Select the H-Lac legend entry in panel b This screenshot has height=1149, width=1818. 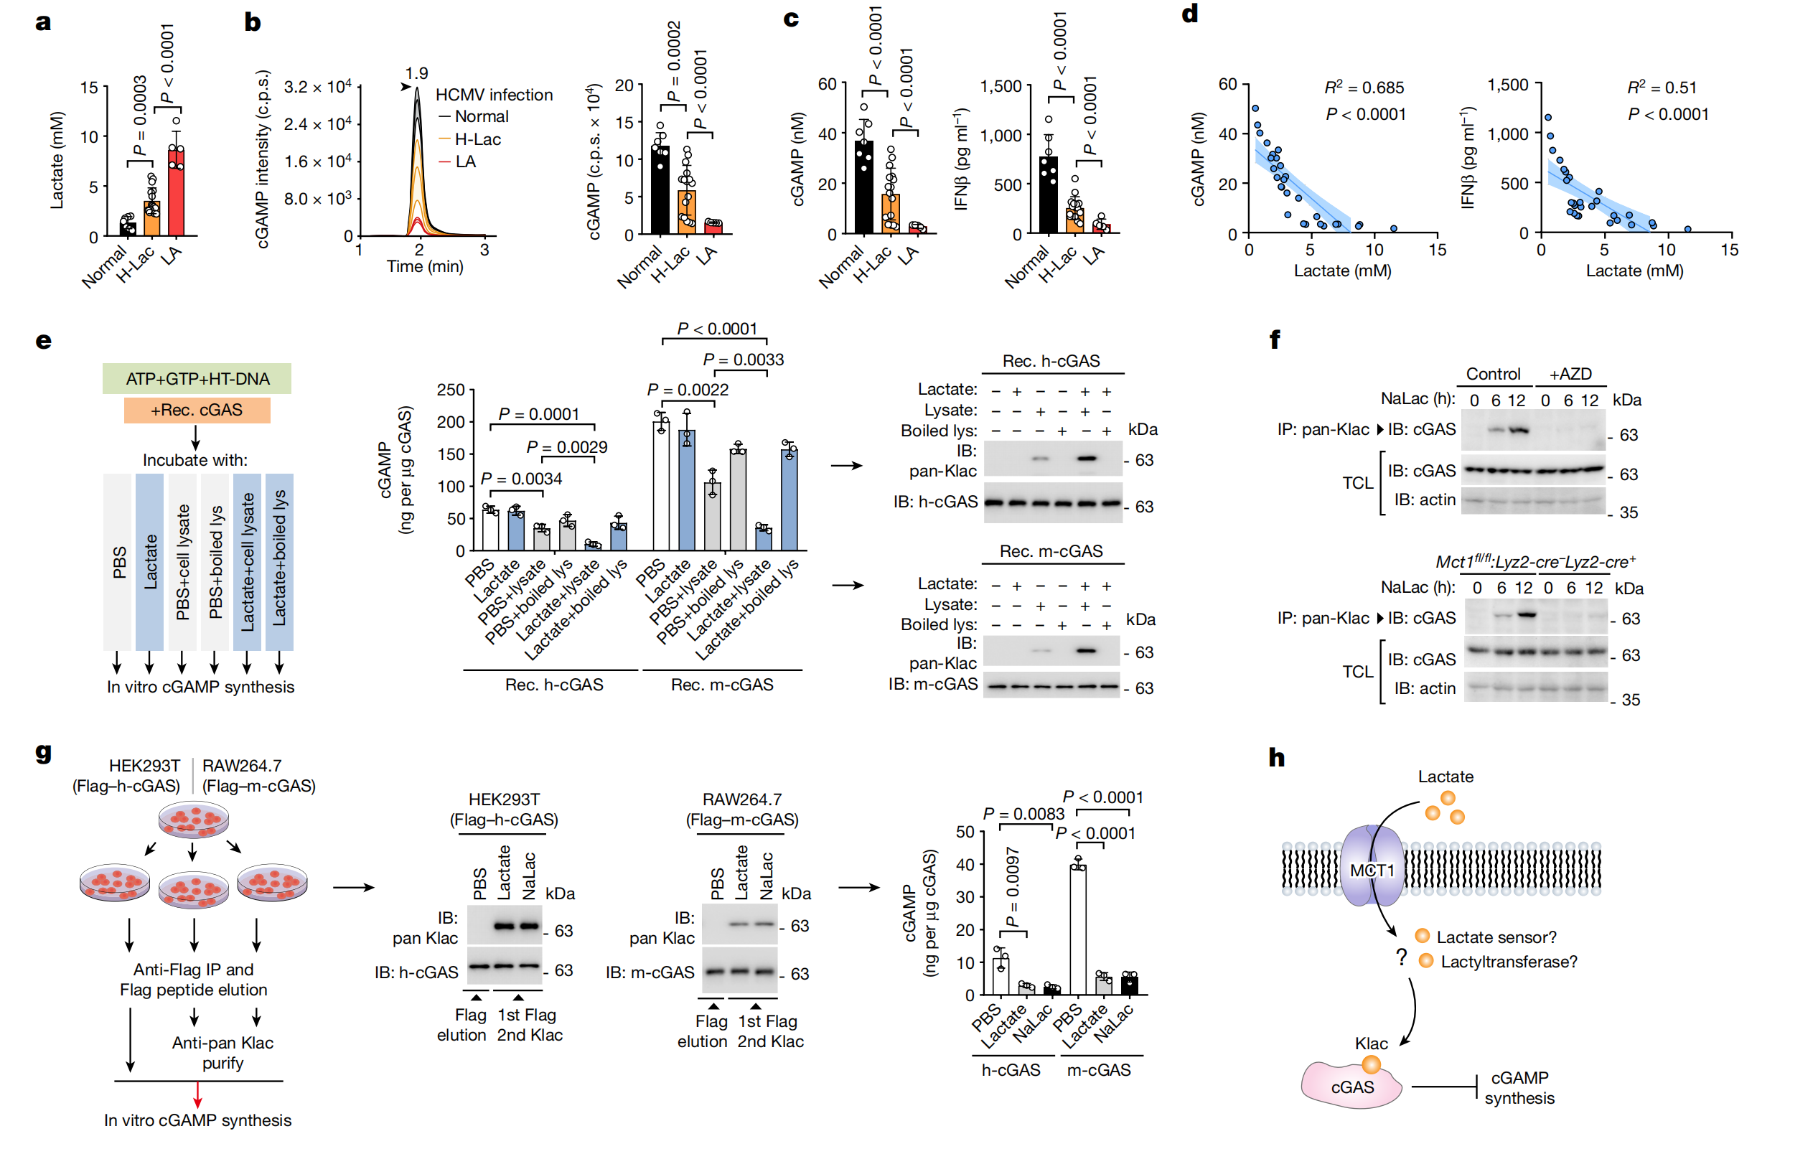(477, 140)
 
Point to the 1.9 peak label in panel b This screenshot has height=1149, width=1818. (416, 74)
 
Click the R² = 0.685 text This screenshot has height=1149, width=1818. (1364, 88)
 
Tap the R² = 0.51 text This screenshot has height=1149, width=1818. (1661, 88)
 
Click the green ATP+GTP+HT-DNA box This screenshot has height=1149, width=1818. (197, 379)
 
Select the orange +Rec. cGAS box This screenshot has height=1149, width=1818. (197, 410)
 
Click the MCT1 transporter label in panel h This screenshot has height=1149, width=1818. (1372, 871)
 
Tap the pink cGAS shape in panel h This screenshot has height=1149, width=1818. (1351, 1087)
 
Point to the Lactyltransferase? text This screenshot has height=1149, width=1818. (1509, 962)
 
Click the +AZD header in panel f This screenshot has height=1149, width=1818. (1570, 375)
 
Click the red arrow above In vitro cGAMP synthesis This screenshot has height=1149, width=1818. (198, 1094)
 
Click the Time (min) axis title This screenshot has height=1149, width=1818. (425, 266)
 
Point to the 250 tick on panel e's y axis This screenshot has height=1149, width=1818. (451, 390)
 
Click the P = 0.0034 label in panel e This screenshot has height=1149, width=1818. (521, 479)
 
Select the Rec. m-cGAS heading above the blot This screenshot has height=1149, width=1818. (1051, 551)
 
